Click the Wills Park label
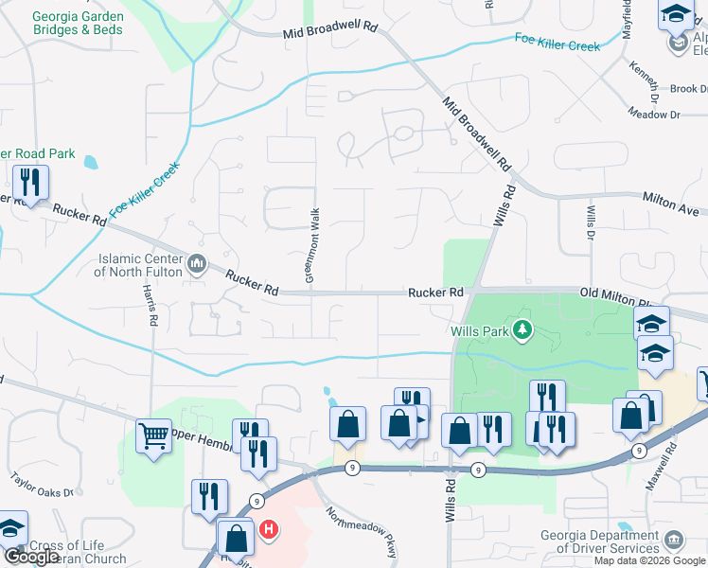pyautogui.click(x=479, y=330)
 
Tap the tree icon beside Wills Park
pyautogui.click(x=521, y=329)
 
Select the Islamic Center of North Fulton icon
pyautogui.click(x=197, y=263)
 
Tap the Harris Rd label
pyautogui.click(x=150, y=306)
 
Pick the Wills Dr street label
pyautogui.click(x=591, y=224)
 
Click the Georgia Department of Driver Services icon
pyautogui.click(x=673, y=540)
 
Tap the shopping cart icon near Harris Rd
pyautogui.click(x=153, y=436)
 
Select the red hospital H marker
pyautogui.click(x=270, y=528)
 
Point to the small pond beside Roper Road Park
pyautogui.click(x=90, y=162)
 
